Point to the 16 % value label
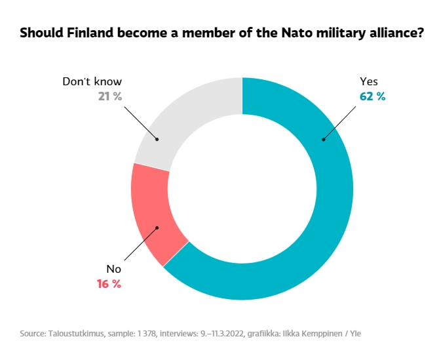point(108,283)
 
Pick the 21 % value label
point(109,96)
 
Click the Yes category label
point(369,82)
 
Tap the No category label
point(113,269)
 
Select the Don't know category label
point(92,82)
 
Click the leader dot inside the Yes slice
point(323,139)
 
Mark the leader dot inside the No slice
point(157,228)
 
